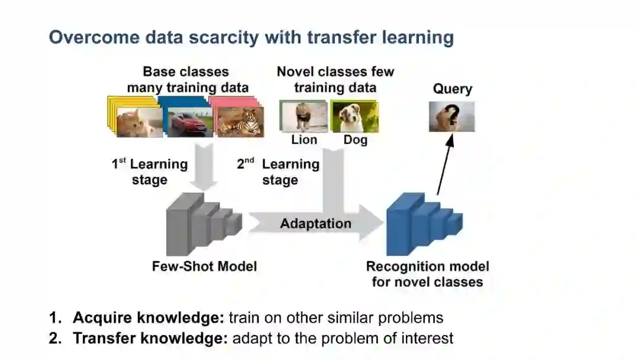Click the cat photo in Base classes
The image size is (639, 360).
tap(139, 123)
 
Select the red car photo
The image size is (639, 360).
tap(188, 123)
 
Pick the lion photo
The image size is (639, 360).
tap(303, 117)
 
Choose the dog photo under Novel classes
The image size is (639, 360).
tap(354, 117)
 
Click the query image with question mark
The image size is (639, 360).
tap(452, 117)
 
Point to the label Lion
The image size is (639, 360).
tap(304, 140)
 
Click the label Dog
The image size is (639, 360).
tap(355, 140)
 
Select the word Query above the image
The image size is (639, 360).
tap(453, 89)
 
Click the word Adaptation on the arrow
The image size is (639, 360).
tap(315, 224)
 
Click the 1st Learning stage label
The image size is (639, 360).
tap(150, 172)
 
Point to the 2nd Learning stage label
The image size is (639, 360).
tap(278, 172)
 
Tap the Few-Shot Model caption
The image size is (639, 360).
tap(204, 266)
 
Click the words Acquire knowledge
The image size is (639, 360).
tap(148, 317)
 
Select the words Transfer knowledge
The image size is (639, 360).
tap(150, 339)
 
